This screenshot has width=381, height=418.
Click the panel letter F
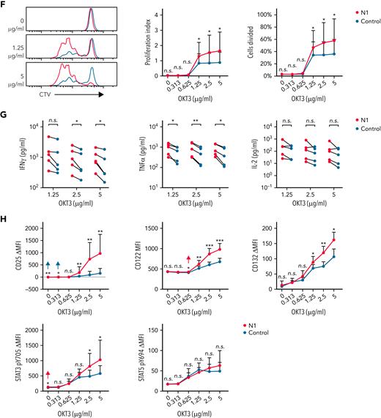4,4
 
